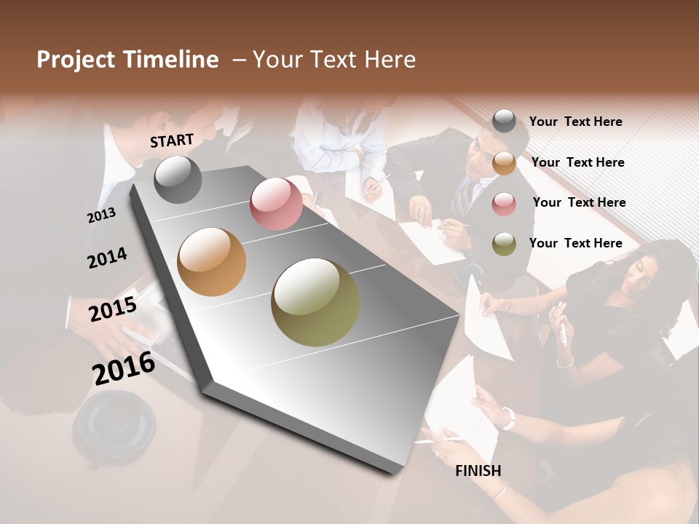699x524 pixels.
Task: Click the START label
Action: tap(172, 140)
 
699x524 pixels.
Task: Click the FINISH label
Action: tap(478, 471)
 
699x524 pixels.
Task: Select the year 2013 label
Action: tap(101, 215)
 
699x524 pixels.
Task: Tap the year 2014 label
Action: tap(107, 258)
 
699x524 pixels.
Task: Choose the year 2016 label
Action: tap(124, 368)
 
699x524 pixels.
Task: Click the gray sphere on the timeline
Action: tap(178, 179)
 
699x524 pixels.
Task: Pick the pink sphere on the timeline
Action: tap(276, 204)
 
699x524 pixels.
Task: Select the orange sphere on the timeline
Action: tap(212, 262)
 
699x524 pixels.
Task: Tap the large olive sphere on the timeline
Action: tap(315, 302)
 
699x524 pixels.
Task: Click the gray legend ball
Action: tap(504, 122)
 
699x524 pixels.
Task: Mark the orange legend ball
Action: tap(504, 163)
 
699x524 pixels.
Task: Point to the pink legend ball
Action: tap(504, 204)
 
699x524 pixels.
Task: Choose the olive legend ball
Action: tap(504, 244)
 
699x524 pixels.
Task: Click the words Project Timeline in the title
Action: tap(127, 60)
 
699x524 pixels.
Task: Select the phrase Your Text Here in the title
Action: tap(334, 60)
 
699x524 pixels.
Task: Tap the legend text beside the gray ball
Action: tap(575, 122)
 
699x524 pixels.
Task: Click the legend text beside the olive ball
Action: tap(575, 243)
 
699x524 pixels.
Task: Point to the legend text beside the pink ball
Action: tap(579, 202)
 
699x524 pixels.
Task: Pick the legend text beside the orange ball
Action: tap(577, 162)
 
